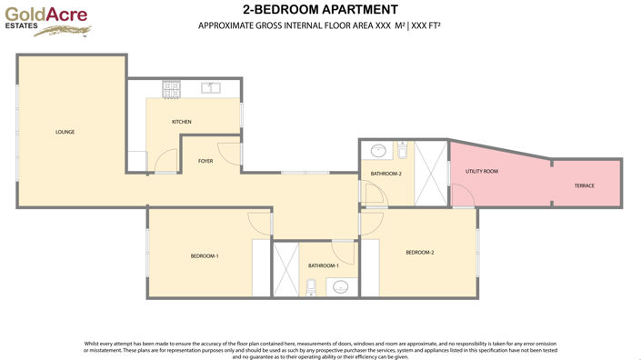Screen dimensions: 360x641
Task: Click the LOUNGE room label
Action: pyautogui.click(x=65, y=132)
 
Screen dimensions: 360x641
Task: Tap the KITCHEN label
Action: pyautogui.click(x=181, y=122)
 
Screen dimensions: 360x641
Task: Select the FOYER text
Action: pyautogui.click(x=205, y=161)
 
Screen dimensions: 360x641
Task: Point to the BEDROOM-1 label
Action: pyautogui.click(x=205, y=256)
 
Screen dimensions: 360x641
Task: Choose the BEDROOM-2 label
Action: pyautogui.click(x=419, y=252)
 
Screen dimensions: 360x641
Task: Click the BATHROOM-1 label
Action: pyautogui.click(x=323, y=265)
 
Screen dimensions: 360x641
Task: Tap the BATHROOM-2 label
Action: pyautogui.click(x=386, y=174)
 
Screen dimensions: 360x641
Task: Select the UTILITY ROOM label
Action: pyautogui.click(x=481, y=171)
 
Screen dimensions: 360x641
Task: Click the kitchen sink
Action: pyautogui.click(x=212, y=88)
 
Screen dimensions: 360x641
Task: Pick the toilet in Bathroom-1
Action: pyautogui.click(x=312, y=287)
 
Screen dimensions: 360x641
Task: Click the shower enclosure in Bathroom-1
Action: pyautogui.click(x=285, y=269)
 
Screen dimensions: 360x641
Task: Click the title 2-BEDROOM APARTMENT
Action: pyautogui.click(x=321, y=10)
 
